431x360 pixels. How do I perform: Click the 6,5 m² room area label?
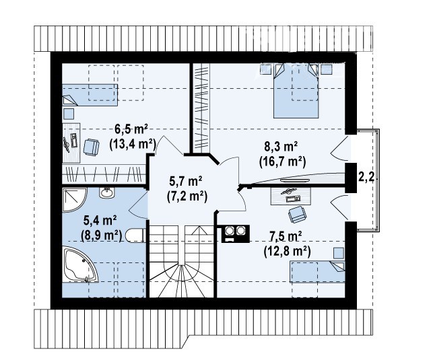click(x=131, y=129)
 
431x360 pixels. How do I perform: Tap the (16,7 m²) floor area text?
click(x=282, y=162)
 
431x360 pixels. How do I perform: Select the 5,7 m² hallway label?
click(x=186, y=181)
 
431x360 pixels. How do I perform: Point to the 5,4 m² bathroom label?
click(x=100, y=220)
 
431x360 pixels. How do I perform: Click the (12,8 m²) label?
click(x=288, y=251)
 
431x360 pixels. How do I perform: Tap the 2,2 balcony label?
click(x=366, y=177)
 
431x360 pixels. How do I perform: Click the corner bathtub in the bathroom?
click(x=80, y=264)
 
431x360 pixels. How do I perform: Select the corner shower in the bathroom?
click(x=75, y=200)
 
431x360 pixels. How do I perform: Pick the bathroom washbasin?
click(x=107, y=192)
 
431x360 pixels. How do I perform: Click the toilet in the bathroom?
click(x=135, y=236)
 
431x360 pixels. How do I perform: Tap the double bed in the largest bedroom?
click(x=296, y=91)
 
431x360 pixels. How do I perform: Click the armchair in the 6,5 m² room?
click(x=92, y=147)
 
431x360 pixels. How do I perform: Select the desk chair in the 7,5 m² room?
click(x=297, y=215)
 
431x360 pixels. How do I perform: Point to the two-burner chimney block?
click(x=236, y=233)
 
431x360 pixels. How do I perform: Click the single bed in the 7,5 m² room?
click(x=317, y=272)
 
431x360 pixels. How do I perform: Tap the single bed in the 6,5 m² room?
click(x=90, y=95)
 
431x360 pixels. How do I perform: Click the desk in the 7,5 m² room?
click(x=291, y=196)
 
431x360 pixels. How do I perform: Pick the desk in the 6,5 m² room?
click(x=71, y=143)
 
